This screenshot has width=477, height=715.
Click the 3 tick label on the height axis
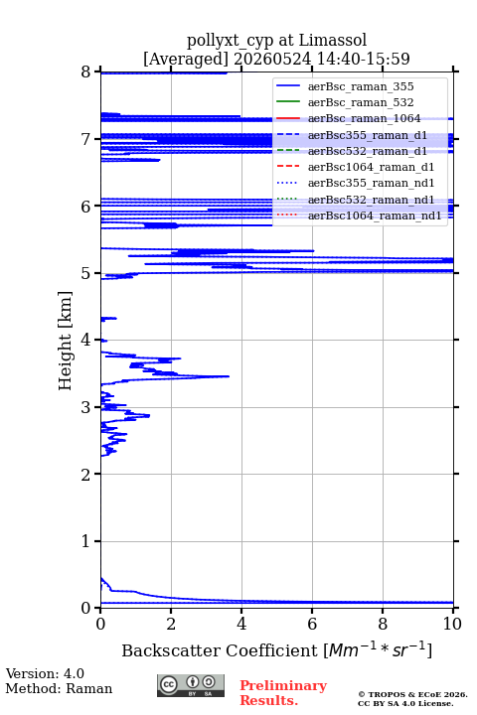click(85, 407)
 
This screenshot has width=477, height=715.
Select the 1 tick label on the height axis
click(85, 541)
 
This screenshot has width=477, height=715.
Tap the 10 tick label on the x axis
click(452, 624)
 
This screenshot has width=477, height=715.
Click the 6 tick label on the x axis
click(312, 624)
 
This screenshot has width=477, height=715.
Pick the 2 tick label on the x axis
click(171, 624)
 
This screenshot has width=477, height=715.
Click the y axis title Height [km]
click(65, 341)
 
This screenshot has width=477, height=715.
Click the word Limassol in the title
click(333, 40)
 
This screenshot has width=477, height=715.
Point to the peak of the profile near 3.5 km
click(229, 376)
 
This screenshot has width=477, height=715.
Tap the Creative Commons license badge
click(191, 685)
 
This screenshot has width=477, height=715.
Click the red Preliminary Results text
click(283, 693)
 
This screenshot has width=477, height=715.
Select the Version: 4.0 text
click(45, 673)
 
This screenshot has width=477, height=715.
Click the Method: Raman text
click(59, 688)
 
